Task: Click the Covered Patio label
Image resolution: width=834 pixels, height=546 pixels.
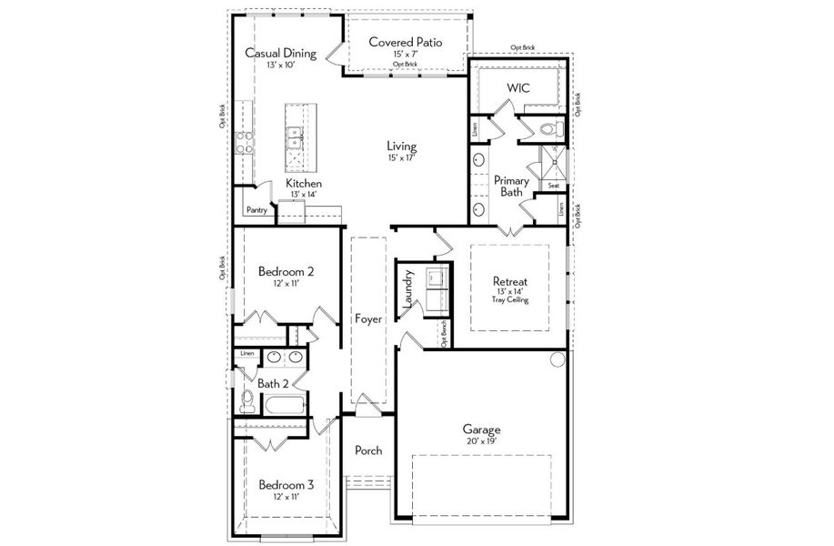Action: (405, 42)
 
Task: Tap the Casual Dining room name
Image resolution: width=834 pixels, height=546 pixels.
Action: (280, 53)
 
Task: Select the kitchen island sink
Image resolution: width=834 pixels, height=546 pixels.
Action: (295, 137)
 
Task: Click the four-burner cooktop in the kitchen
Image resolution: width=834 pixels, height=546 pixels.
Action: (244, 141)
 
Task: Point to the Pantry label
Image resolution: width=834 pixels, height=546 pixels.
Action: (256, 210)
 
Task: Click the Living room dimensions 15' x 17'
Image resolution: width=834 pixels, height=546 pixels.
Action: (401, 159)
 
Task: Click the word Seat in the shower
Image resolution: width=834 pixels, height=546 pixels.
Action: (553, 186)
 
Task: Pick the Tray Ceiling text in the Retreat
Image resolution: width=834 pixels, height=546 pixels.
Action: (509, 300)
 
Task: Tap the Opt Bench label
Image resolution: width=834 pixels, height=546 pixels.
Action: (443, 334)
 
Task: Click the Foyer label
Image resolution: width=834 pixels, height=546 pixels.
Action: (368, 319)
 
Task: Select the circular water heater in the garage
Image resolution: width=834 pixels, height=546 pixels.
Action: (558, 361)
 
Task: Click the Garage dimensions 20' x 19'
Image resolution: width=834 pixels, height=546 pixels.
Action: (481, 441)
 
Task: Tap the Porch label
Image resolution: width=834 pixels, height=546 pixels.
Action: (368, 450)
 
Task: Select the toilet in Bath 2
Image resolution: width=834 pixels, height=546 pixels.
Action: (246, 400)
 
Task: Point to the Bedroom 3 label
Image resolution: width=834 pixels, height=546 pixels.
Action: (286, 484)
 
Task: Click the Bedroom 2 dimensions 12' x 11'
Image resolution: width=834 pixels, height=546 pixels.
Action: (286, 284)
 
